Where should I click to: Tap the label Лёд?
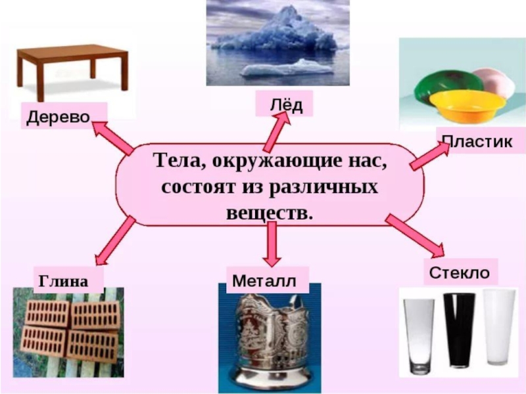pyautogui.click(x=284, y=104)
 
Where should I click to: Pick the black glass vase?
pyautogui.click(x=458, y=328)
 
